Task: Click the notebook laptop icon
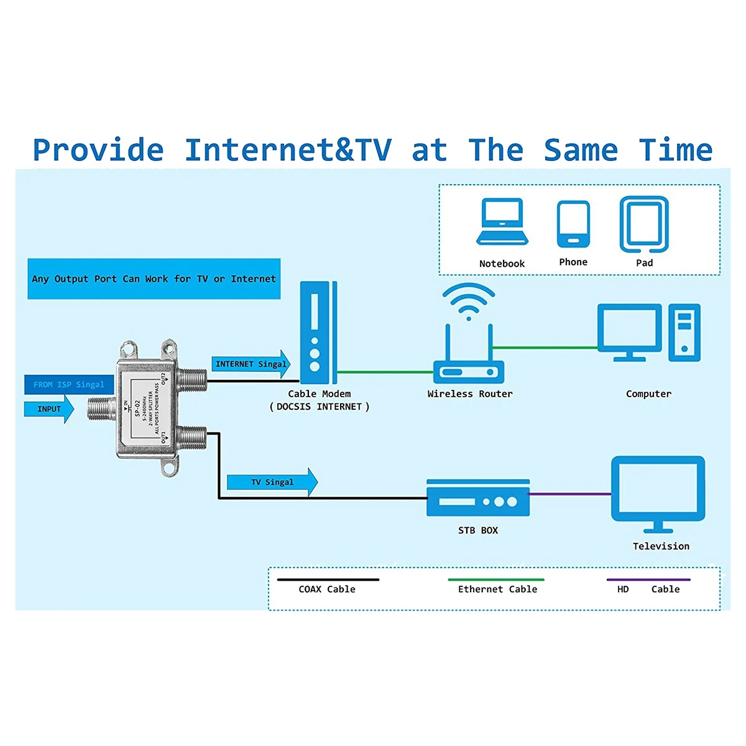tap(502, 223)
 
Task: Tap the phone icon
tap(573, 224)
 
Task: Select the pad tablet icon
tap(644, 224)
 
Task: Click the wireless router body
tap(469, 372)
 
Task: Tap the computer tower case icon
tap(684, 332)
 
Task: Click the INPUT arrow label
tap(48, 409)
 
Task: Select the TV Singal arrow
tap(272, 482)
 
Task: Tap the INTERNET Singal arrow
tap(251, 364)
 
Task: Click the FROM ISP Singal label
tap(69, 385)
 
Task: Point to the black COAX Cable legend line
tap(328, 579)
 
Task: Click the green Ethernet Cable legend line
tap(496, 579)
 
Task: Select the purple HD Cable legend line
tap(648, 579)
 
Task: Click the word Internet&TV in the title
tap(288, 150)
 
